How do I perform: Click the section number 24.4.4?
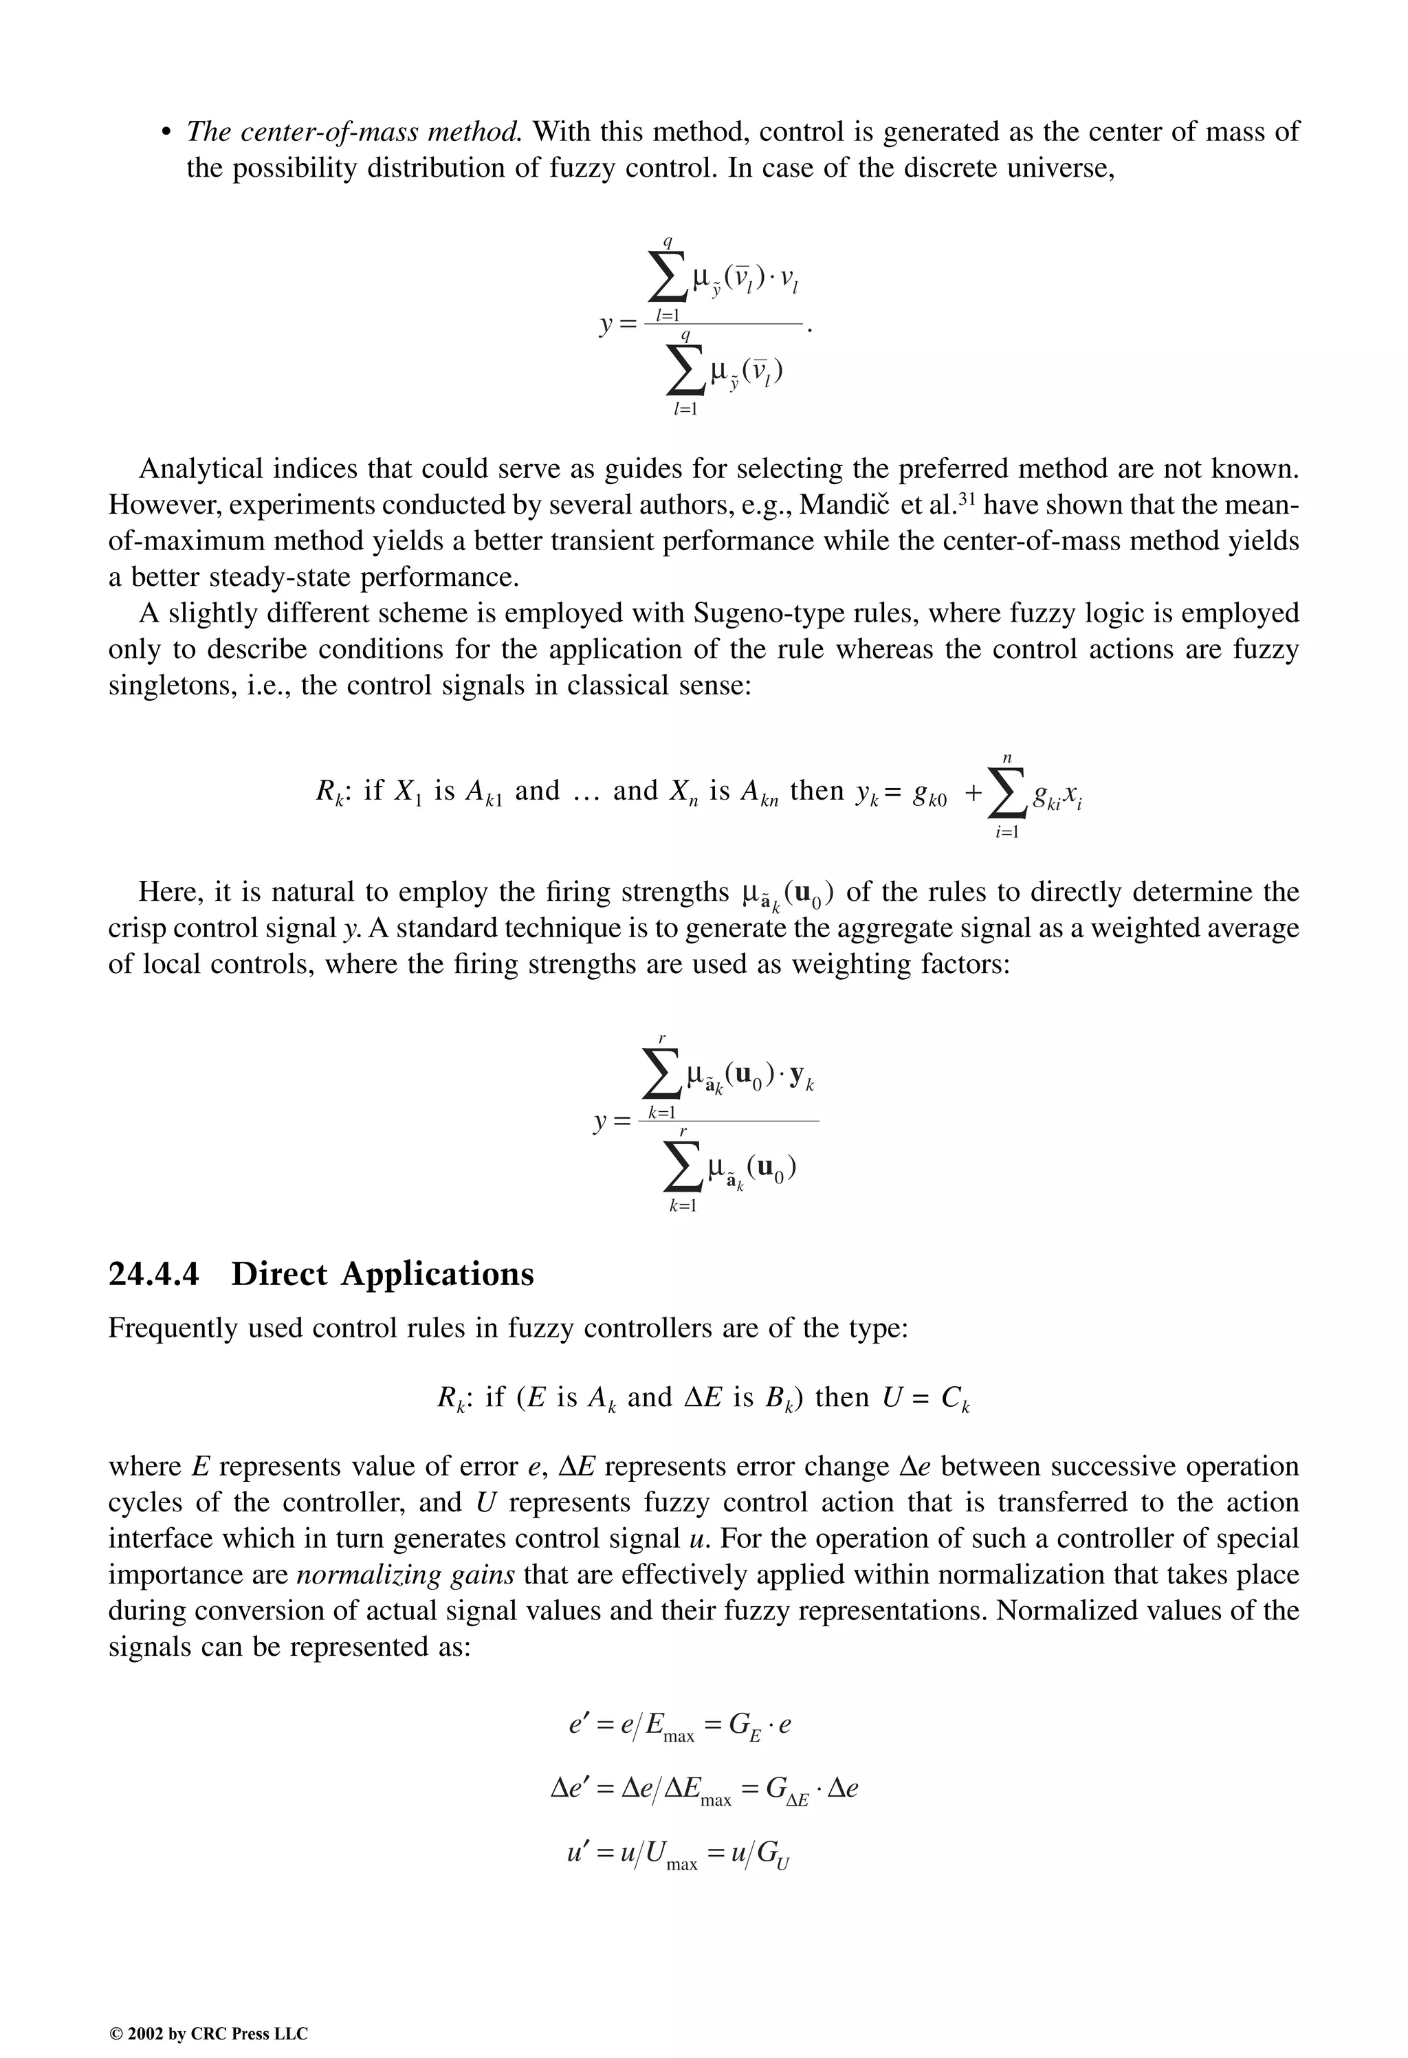point(153,1274)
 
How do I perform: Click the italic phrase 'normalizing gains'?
point(406,1575)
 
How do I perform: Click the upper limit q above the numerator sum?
point(668,241)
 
